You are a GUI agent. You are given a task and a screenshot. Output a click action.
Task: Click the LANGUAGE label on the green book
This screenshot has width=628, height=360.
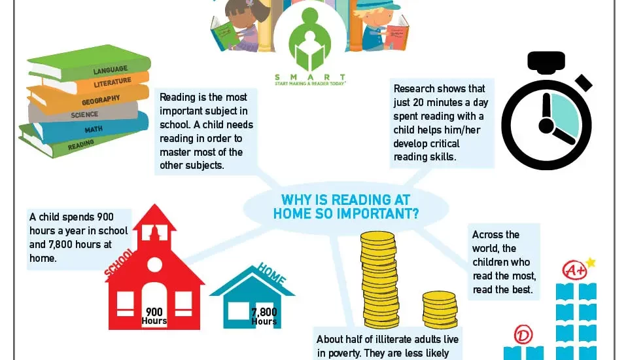point(111,70)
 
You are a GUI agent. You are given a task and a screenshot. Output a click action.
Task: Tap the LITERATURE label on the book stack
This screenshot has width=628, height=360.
point(113,82)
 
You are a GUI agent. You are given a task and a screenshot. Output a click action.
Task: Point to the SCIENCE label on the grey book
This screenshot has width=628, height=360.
point(84,115)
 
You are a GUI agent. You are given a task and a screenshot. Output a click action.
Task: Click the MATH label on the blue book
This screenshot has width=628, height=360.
point(94,129)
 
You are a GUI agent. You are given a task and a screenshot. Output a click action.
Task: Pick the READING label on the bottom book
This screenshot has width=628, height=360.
point(81,145)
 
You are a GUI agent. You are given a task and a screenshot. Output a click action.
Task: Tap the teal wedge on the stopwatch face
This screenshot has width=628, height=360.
point(565,115)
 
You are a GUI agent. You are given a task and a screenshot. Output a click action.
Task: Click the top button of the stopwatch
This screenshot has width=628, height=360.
point(546,62)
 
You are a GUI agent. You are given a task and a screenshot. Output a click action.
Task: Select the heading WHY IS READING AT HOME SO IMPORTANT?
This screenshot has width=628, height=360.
point(346,207)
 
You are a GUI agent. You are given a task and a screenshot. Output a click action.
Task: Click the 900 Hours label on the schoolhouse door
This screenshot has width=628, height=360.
point(154,316)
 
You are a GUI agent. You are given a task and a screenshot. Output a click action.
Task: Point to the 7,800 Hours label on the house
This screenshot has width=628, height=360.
point(264,316)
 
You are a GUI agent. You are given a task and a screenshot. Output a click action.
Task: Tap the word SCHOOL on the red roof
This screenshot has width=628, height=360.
point(119,263)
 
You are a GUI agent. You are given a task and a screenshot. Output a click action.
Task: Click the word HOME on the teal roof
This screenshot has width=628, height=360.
point(272,274)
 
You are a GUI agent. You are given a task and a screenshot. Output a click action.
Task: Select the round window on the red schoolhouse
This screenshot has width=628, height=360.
point(154,264)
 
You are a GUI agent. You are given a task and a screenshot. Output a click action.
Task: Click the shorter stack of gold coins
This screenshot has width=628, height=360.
point(440,310)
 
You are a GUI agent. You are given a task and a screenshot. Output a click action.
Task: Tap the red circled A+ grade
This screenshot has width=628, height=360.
point(575,270)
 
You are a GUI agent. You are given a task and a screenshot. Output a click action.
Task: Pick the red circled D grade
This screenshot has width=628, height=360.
point(523,334)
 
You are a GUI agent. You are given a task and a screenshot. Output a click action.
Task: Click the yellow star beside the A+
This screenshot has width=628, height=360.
point(591,262)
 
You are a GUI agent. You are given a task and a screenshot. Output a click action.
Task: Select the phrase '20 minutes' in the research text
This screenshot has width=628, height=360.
point(441,102)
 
